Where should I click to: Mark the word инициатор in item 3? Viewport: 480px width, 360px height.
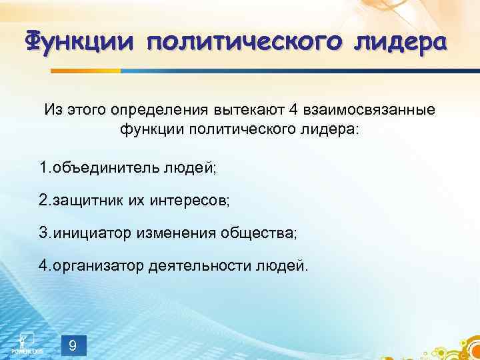click(x=93, y=233)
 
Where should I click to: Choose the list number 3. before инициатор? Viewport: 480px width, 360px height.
click(x=45, y=233)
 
